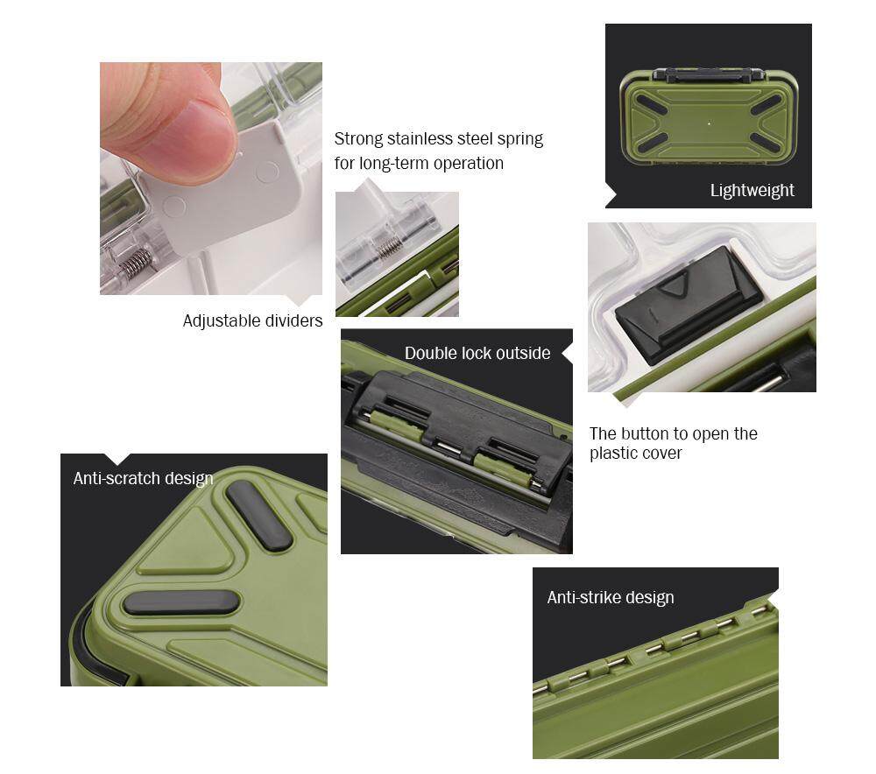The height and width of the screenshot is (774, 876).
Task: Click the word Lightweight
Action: (752, 190)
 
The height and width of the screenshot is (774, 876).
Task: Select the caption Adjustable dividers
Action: (252, 320)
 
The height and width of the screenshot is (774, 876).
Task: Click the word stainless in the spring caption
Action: (440, 138)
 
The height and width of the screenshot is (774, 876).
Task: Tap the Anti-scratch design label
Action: (143, 479)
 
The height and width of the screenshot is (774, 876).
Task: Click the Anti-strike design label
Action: (611, 597)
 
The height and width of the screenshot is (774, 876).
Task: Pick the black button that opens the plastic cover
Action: (687, 304)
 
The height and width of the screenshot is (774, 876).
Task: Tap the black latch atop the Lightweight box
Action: (709, 74)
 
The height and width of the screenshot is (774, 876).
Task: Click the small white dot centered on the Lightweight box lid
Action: (709, 123)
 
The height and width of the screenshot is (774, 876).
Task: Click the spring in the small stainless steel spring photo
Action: (388, 246)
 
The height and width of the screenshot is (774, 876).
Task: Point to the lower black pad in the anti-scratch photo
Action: (181, 602)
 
